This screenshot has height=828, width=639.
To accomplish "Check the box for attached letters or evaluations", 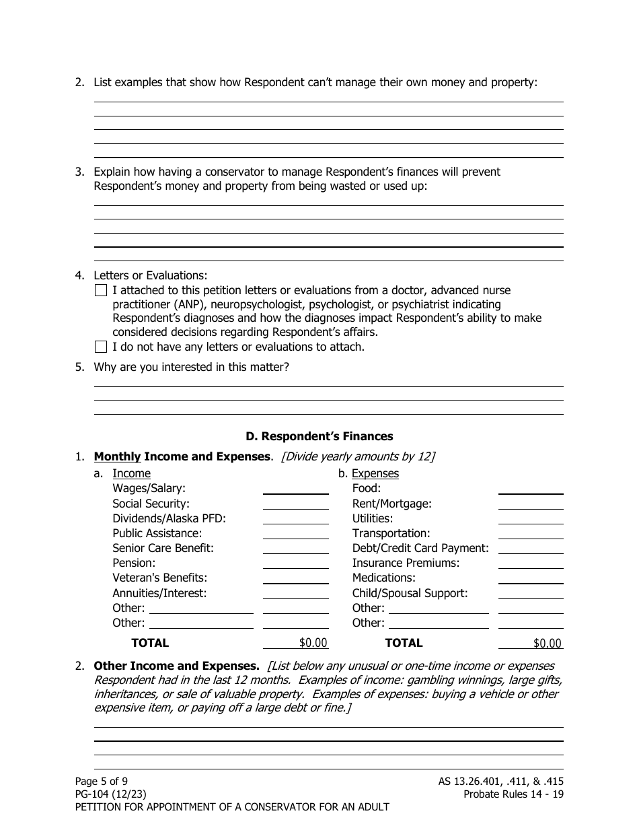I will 101,291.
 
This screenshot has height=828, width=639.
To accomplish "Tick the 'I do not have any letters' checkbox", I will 101,347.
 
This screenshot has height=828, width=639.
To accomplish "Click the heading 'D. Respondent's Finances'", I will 328,436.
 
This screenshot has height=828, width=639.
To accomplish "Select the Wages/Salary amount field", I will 295,488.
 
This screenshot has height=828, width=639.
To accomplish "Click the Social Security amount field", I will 295,503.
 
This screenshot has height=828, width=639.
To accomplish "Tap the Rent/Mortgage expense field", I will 531,503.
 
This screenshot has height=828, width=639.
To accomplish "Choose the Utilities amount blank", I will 531,518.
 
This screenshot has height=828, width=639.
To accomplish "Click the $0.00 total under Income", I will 313,643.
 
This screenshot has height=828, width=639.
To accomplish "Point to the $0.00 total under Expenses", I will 547,644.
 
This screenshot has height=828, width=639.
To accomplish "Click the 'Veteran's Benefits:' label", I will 159,578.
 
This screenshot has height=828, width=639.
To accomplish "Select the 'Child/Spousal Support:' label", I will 410,593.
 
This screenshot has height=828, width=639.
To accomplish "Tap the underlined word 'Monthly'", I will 118,456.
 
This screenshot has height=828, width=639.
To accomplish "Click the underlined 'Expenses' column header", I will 375,473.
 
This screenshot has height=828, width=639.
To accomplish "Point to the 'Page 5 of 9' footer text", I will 102,782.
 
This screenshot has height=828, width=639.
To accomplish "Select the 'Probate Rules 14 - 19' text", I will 513,794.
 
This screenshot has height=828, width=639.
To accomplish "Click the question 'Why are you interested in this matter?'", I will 191,368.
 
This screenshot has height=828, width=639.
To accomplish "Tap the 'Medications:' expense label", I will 383,578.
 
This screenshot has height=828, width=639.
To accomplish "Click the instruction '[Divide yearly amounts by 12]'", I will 357,456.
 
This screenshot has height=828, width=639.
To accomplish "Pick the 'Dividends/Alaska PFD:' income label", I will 169,518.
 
